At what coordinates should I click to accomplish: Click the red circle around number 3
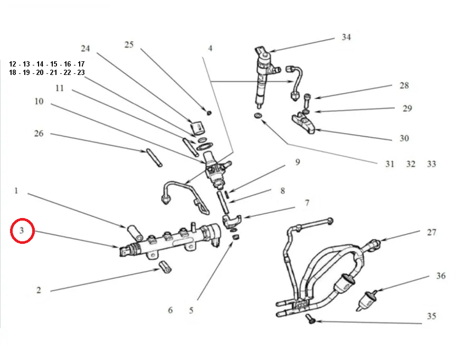click(23, 231)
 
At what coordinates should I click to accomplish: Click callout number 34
click(346, 37)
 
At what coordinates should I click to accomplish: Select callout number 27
click(432, 232)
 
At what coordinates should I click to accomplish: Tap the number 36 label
click(441, 276)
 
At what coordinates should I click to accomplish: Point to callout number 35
click(432, 317)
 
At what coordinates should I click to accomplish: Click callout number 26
click(39, 134)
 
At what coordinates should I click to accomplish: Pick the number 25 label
click(129, 45)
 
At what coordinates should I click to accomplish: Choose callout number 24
click(86, 49)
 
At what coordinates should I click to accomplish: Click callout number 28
click(404, 86)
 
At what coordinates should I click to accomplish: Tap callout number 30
click(404, 138)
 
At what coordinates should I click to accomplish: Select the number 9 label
click(297, 162)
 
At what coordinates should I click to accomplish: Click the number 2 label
click(39, 290)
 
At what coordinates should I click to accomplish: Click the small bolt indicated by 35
click(310, 320)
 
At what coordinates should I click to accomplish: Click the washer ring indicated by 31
click(258, 116)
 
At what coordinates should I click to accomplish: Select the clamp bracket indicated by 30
click(304, 124)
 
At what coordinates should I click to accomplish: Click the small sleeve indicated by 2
click(165, 268)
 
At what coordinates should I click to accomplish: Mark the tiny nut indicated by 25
click(208, 112)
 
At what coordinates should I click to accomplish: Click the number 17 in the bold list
click(81, 64)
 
